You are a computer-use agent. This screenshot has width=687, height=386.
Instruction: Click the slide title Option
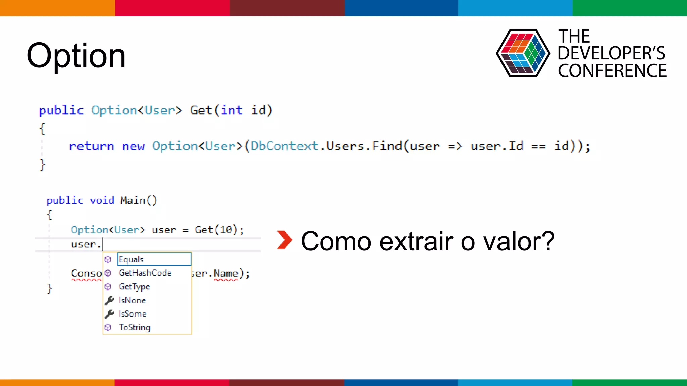[76, 55]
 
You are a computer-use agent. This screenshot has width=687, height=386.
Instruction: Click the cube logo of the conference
[523, 54]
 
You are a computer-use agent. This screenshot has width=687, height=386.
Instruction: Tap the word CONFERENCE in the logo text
[612, 71]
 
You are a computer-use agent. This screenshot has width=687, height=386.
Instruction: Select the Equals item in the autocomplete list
[131, 259]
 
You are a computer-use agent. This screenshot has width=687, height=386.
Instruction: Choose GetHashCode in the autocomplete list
[145, 273]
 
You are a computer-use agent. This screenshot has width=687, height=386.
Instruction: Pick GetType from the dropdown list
[135, 287]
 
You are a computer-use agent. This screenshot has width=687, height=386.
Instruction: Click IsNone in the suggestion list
[132, 300]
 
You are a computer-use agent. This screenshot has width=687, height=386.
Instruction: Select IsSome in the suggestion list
[133, 314]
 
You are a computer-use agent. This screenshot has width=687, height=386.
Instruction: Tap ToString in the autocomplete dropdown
[135, 327]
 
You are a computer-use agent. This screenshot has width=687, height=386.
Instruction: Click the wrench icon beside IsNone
[109, 301]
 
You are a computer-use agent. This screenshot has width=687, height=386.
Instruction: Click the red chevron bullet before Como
[285, 240]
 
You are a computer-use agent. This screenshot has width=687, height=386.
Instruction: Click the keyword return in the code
[92, 146]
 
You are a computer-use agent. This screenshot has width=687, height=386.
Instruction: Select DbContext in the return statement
[284, 146]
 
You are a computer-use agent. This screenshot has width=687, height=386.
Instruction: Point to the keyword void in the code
[102, 200]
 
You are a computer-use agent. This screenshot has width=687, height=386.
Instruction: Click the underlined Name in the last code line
[226, 274]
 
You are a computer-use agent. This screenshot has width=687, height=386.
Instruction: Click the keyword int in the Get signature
[231, 110]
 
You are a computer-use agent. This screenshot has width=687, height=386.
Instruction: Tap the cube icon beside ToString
[108, 327]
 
